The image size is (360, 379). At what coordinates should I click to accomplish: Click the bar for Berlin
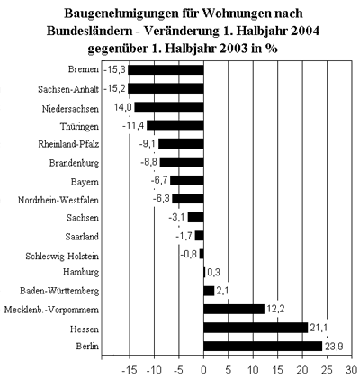(x=263, y=346)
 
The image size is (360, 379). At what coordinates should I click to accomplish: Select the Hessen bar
(x=256, y=328)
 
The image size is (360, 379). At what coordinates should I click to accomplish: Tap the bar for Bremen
(x=166, y=70)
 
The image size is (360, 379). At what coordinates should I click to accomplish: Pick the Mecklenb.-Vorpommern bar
(x=234, y=309)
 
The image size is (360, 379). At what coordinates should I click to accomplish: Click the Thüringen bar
(x=175, y=125)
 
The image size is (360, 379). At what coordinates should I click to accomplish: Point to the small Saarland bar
(x=199, y=236)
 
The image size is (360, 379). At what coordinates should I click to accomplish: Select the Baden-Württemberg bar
(x=209, y=291)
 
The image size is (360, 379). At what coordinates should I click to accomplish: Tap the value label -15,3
(x=115, y=70)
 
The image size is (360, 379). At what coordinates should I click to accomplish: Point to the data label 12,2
(x=275, y=310)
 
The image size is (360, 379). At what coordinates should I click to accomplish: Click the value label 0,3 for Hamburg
(x=213, y=273)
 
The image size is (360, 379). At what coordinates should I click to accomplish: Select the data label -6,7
(x=159, y=181)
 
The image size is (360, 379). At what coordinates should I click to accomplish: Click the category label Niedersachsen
(x=70, y=109)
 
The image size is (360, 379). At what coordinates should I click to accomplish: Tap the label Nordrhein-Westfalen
(x=58, y=200)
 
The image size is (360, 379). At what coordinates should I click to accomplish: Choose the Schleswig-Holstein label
(x=62, y=256)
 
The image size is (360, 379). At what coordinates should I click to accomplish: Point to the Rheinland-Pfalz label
(x=68, y=144)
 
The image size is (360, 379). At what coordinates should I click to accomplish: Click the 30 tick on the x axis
(x=352, y=370)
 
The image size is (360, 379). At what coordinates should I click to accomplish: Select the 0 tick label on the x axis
(x=203, y=370)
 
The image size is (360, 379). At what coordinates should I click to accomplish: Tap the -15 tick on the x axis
(x=130, y=370)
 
